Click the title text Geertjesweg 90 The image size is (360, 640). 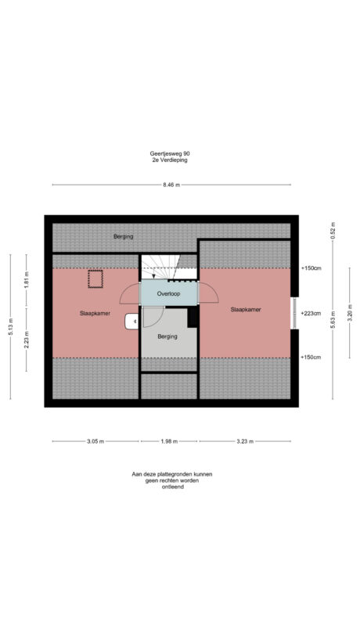tap(169, 154)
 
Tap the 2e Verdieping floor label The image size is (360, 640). tap(169, 160)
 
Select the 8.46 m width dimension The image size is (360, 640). tap(171, 185)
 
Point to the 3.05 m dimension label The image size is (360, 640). tap(96, 441)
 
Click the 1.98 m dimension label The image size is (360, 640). tap(169, 441)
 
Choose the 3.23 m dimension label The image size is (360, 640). tap(245, 441)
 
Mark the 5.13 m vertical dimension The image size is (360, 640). tap(10, 326)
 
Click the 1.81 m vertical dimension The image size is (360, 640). tap(27, 280)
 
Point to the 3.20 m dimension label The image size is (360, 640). tap(350, 314)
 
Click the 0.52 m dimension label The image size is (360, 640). tap(333, 231)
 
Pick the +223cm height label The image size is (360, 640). tap(311, 314)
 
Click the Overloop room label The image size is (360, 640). tap(168, 293)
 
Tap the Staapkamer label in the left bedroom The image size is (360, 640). tap(95, 314)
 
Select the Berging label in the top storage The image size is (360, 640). tap(124, 236)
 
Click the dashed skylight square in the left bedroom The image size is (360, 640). tap(95, 279)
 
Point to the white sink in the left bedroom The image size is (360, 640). tap(131, 322)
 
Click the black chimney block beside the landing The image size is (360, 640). tap(193, 317)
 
